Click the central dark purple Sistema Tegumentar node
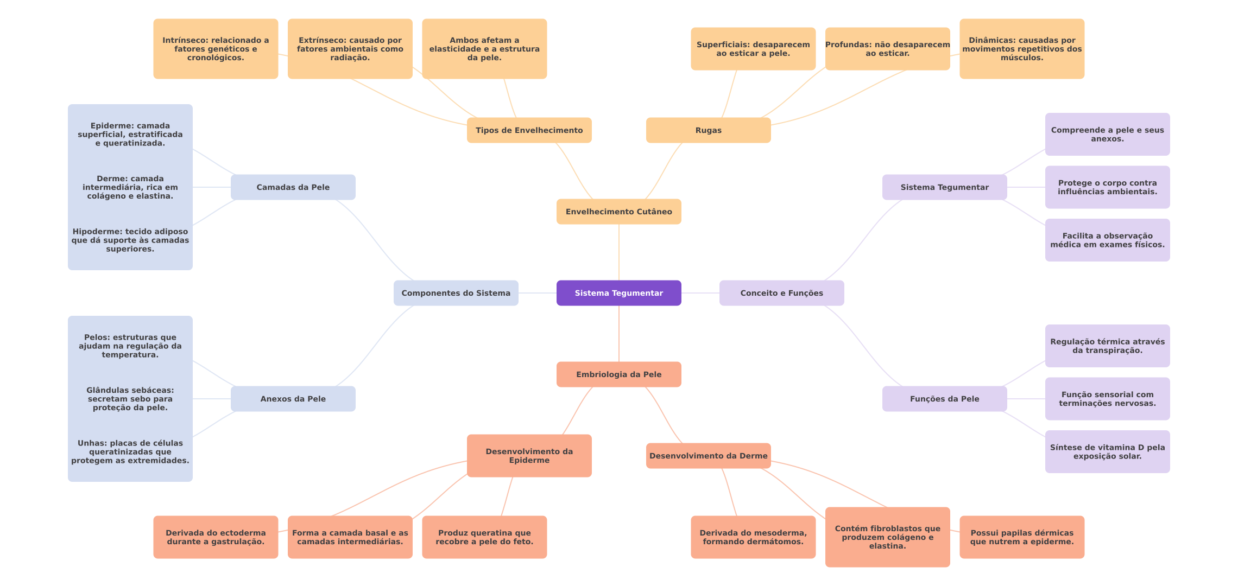click(618, 293)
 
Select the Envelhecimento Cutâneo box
click(618, 212)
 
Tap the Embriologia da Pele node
click(618, 374)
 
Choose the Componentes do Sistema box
click(456, 293)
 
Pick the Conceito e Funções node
click(781, 293)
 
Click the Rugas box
click(708, 130)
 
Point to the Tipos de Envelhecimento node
click(529, 130)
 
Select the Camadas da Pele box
click(293, 187)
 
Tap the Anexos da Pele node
click(293, 399)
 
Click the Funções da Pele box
click(944, 399)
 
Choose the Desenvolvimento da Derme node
click(708, 456)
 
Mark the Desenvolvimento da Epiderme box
click(529, 456)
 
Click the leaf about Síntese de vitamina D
click(1107, 451)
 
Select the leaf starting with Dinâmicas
click(1022, 49)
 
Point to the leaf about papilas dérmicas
click(1022, 537)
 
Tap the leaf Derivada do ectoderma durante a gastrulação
click(216, 537)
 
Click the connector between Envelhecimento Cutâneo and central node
click(619, 252)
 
